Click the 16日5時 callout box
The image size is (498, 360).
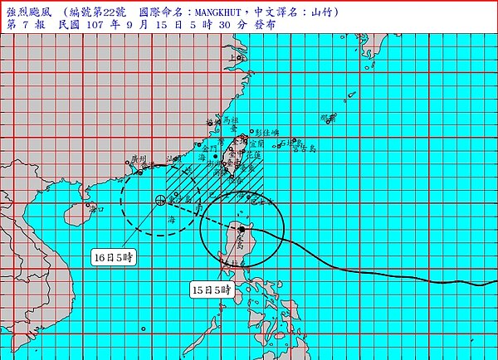113,258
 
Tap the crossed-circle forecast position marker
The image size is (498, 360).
159,200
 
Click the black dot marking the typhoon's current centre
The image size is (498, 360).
242,228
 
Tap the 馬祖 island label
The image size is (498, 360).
230,121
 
